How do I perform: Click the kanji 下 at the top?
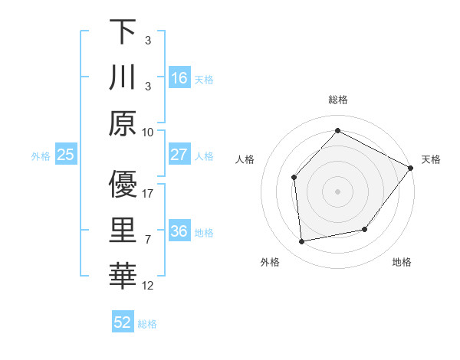point(123,32)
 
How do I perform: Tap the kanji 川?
point(123,78)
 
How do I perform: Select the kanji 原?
point(123,123)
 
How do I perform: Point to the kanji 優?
point(123,185)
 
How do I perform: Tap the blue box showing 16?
point(179,78)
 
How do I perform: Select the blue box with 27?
point(179,155)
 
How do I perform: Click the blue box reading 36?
point(179,231)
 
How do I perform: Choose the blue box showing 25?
point(66,155)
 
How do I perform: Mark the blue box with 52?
point(123,322)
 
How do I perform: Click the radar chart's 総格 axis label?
point(338,100)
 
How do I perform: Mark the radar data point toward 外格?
point(302,242)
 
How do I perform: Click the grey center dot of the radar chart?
point(338,191)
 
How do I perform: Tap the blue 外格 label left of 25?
point(41,156)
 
